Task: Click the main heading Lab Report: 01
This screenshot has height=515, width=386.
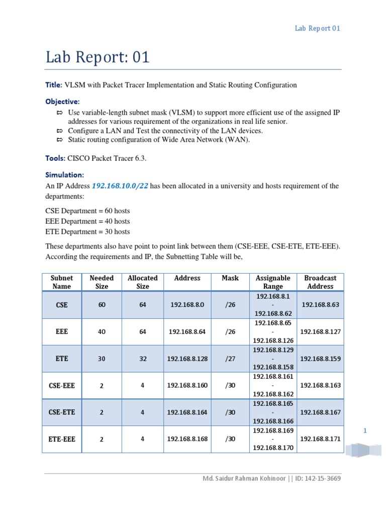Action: coord(98,57)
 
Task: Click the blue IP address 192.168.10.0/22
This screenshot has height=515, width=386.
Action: coord(120,186)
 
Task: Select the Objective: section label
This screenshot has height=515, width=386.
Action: coord(62,102)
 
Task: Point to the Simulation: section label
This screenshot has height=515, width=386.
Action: coord(64,175)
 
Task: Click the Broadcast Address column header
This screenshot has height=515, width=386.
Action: coord(320,282)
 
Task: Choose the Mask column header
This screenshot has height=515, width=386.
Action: coord(230,278)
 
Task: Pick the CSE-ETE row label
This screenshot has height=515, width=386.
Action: coord(62,412)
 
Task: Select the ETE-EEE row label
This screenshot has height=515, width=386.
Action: coord(62,439)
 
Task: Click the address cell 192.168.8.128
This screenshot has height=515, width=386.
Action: coord(187,359)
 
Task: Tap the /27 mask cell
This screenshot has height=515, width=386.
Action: coord(230,359)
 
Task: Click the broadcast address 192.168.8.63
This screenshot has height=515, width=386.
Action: coord(320,305)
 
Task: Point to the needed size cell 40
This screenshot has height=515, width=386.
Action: coord(102,332)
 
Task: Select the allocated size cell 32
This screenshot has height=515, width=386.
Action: coord(143,359)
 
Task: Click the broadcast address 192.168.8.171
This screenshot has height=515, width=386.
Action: coord(320,439)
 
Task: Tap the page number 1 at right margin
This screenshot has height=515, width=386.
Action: coord(365,431)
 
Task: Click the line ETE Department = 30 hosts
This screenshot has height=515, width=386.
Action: coord(87,232)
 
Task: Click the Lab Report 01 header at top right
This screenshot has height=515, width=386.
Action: coord(317,28)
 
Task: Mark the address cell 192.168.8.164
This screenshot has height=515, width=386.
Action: coord(187,412)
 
